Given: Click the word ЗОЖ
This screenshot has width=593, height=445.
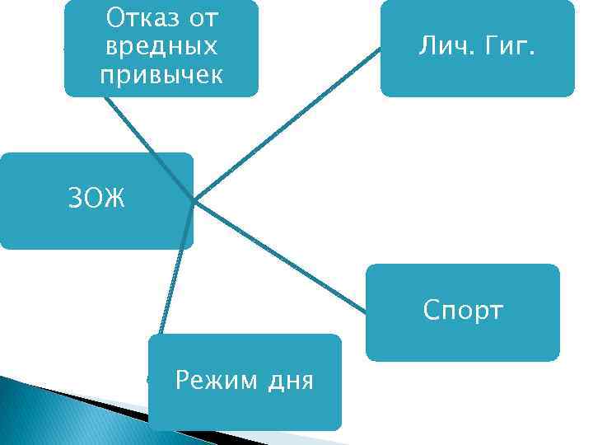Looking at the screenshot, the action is [96, 199].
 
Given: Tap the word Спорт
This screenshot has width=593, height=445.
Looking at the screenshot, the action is [462, 311].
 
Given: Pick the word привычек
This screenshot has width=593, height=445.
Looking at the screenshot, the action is [161, 75].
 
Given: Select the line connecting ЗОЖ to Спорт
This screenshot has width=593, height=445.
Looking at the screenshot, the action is [280, 256].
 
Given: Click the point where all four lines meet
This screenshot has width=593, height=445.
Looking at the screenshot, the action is [194, 200].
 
